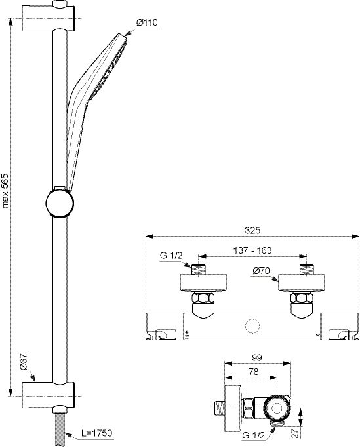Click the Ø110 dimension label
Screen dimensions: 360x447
coord(147,22)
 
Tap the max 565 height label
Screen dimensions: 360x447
coord(5,191)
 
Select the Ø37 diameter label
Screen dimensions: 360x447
coord(24,361)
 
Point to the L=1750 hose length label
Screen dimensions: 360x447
coord(96,433)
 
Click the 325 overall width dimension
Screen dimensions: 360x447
coord(252,230)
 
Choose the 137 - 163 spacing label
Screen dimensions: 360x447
coord(252,250)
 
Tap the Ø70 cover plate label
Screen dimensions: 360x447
coord(261,270)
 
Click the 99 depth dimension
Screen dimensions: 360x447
coord(257,358)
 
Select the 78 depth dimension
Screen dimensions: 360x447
coord(253,372)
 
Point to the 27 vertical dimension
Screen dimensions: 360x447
coord(296,432)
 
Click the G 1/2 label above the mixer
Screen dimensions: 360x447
coord(171,255)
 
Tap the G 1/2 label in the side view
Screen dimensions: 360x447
coord(253,435)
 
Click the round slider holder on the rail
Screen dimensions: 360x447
coord(60,203)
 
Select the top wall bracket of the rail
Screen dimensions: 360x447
coord(49,18)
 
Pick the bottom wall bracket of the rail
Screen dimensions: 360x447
coord(49,395)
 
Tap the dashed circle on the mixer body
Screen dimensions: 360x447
coord(252,326)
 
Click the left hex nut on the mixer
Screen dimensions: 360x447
coord(203,298)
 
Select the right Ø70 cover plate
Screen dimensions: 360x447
coord(302,283)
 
